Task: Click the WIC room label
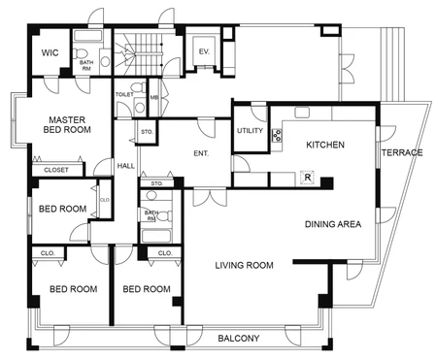coord(50,52)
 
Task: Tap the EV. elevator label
coord(204,51)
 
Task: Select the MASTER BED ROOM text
coord(67,125)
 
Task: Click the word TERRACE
coord(402,152)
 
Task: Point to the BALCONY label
coord(239,339)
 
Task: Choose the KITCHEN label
coord(325,145)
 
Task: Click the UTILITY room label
coord(250,131)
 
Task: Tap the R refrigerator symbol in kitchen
coord(308,178)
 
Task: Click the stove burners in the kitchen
coord(277,135)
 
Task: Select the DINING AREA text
coord(333,224)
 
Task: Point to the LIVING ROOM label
coord(245,265)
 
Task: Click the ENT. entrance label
coord(201,153)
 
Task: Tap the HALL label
coord(126,166)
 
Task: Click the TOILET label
coord(124,94)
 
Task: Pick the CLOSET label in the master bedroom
coord(56,170)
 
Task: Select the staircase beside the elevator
coord(138,53)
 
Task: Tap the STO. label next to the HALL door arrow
coord(147,132)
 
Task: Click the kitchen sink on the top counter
coord(302,113)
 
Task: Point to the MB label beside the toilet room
coord(154,97)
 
